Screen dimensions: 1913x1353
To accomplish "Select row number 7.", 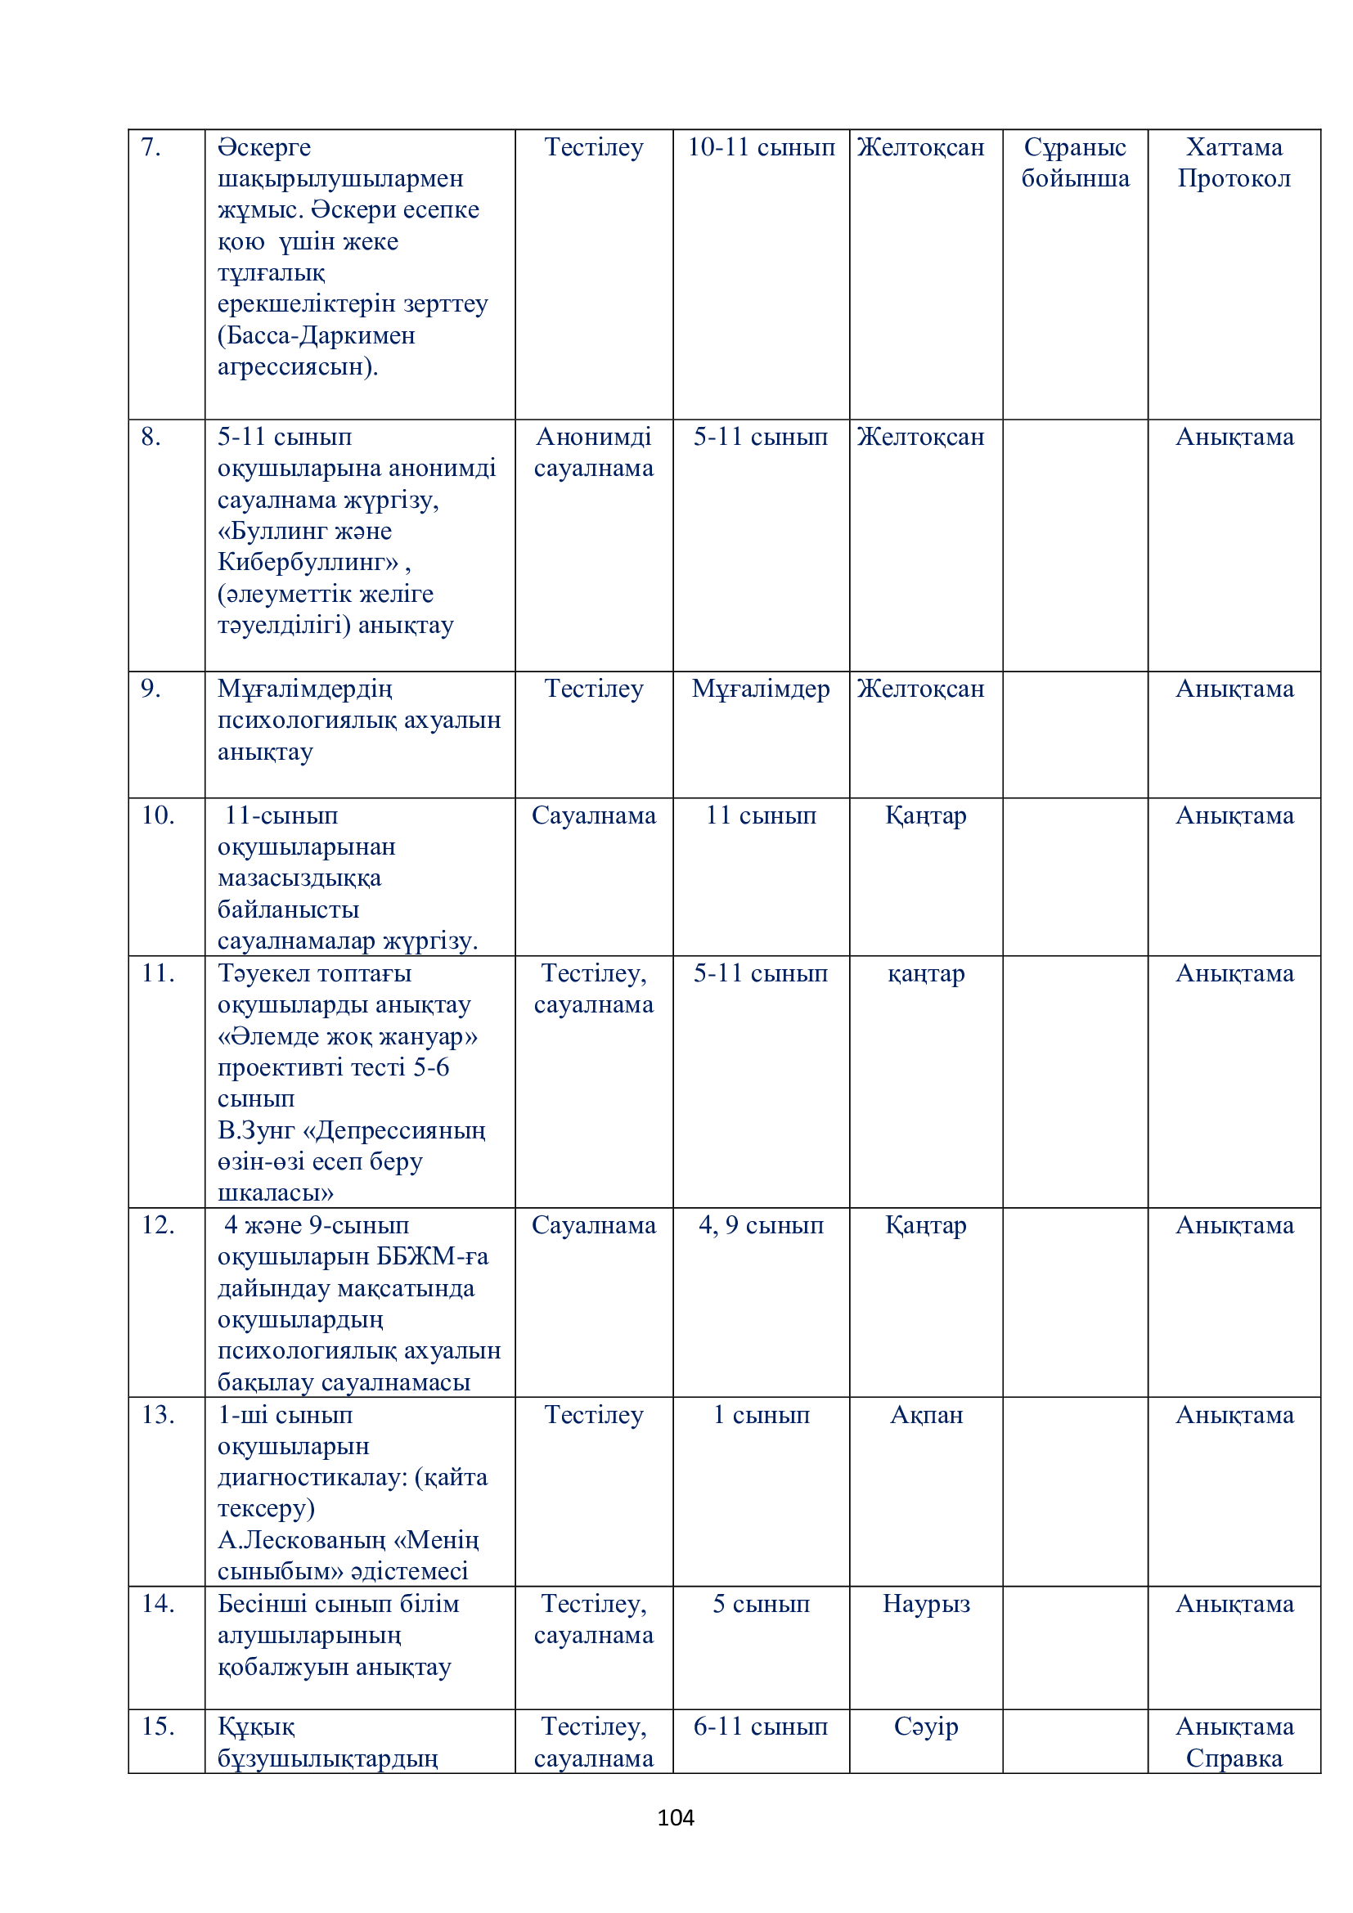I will coord(151,147).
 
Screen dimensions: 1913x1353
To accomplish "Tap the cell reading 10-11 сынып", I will coord(760,147).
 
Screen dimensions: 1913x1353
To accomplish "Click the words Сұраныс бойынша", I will coord(1075,163).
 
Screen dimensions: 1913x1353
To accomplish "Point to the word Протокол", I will coord(1233,178).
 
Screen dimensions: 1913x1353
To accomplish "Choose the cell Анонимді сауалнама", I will coord(593,452).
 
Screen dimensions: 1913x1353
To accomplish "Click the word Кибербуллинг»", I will coord(308,562).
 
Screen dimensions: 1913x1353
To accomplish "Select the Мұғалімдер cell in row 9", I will coord(760,688).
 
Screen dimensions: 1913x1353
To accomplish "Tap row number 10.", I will coord(157,815).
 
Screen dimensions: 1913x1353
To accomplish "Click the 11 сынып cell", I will coord(760,815).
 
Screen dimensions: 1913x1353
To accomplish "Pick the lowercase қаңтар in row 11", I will coord(926,973).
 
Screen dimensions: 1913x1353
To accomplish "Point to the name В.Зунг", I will coord(256,1129).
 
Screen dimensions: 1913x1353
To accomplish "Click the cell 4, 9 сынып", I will coord(760,1225).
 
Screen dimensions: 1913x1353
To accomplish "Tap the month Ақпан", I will coord(926,1415).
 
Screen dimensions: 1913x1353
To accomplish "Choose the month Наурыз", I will coord(926,1604).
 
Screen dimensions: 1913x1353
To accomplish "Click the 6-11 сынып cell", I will coord(760,1727).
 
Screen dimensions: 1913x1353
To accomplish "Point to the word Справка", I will coord(1233,1758).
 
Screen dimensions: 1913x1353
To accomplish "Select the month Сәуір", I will coord(926,1727).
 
